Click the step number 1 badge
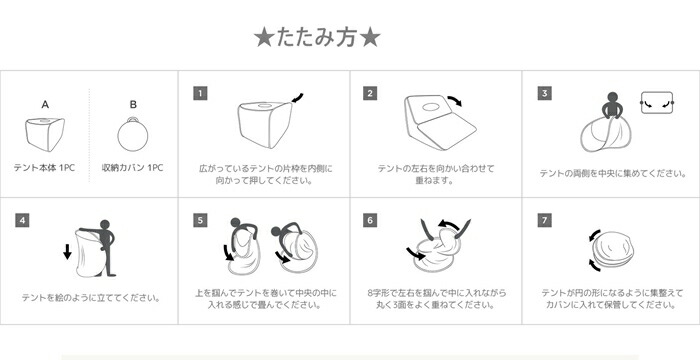coord(200,93)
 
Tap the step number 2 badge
coord(370,93)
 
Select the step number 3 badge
coord(544,93)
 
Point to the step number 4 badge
coord(22,220)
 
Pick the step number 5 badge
coord(200,220)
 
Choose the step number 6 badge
coord(370,220)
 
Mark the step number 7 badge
coord(544,220)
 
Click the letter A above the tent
coord(45,105)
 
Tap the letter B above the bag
coord(133,105)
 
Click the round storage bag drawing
coord(133,134)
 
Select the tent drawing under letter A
coord(45,134)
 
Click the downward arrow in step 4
coord(67,251)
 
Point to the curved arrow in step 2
coord(454,100)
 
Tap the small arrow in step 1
coord(297,98)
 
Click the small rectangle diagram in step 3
coord(657,102)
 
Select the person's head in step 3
coord(612,97)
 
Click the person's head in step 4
coord(104,225)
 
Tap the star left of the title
coord(263,38)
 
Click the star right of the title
coord(370,38)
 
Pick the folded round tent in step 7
coord(613,250)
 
